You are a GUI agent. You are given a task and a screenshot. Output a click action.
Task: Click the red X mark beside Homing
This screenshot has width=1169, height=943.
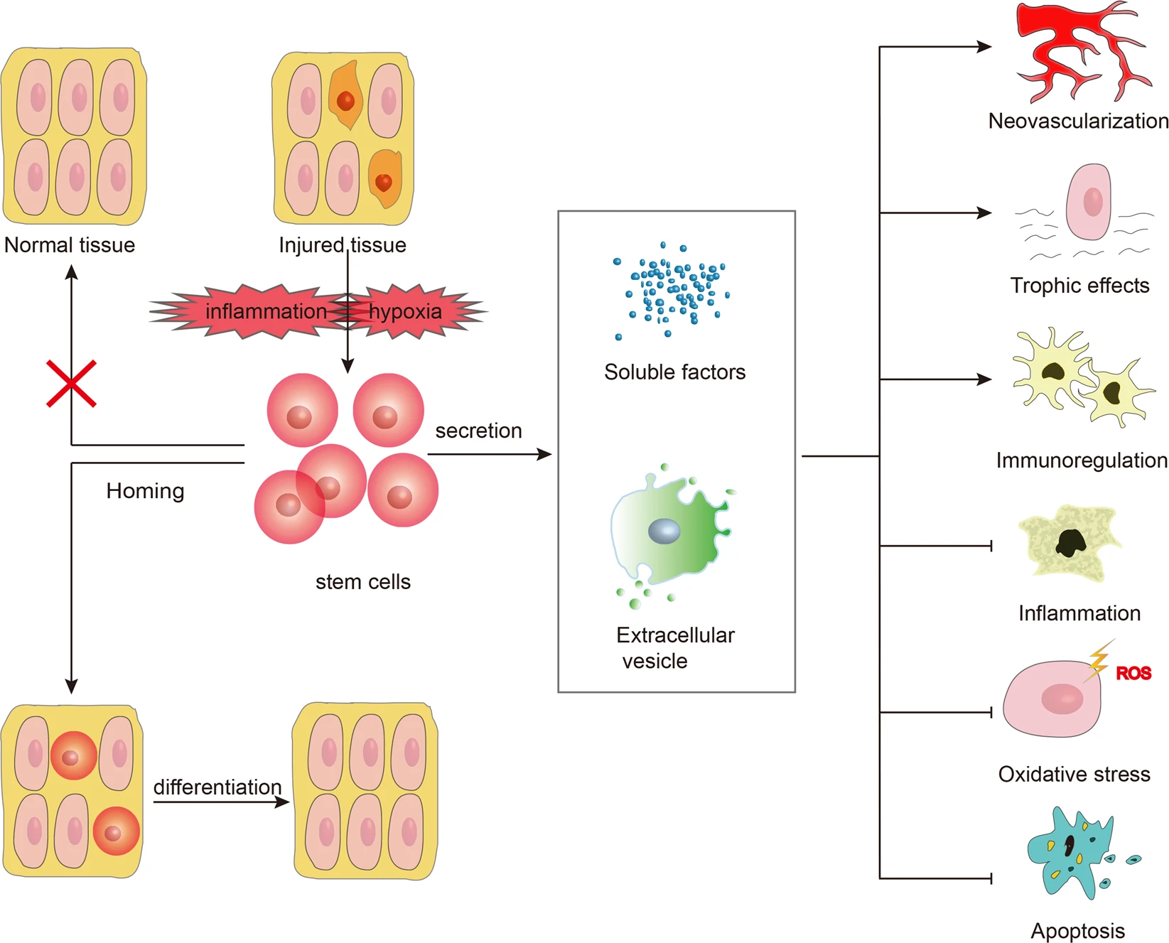click(71, 384)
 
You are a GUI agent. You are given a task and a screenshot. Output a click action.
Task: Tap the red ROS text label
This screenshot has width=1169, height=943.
click(1133, 673)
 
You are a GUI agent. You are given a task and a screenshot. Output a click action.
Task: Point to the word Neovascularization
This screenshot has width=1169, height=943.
click(1078, 122)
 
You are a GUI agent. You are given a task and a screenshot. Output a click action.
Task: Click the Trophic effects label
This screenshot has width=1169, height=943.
click(1079, 286)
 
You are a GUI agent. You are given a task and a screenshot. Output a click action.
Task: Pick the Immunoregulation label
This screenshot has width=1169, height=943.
click(1081, 460)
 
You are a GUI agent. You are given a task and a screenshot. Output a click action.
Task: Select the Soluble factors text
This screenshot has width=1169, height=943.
click(674, 372)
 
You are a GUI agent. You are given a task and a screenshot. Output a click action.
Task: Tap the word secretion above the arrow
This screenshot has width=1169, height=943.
click(478, 431)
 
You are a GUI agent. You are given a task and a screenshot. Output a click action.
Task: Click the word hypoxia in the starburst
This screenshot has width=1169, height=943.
click(405, 311)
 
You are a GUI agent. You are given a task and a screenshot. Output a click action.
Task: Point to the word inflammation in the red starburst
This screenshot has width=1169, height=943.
click(266, 311)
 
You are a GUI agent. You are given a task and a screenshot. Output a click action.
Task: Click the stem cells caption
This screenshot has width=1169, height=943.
click(362, 582)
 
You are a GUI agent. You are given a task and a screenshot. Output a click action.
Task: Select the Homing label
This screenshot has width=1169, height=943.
click(145, 491)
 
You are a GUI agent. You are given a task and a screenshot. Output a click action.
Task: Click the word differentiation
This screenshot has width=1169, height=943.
click(217, 787)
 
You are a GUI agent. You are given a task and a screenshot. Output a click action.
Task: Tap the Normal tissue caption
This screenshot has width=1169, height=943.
click(70, 245)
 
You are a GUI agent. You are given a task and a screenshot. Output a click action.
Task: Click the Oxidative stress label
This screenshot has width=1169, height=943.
click(1074, 774)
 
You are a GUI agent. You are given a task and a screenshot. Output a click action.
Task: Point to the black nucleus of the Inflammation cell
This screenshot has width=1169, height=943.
click(1070, 544)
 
